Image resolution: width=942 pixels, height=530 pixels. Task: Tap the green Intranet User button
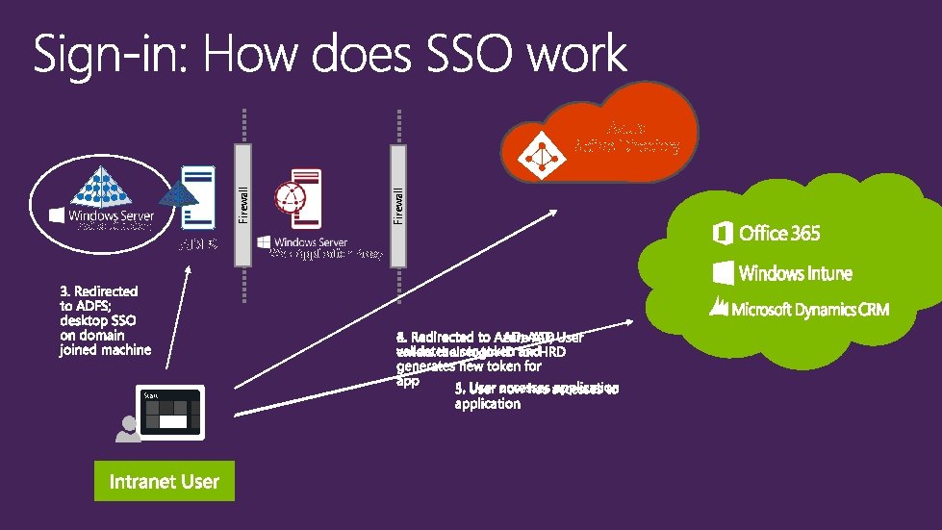pos(164,481)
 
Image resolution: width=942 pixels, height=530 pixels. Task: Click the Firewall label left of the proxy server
pos(243,204)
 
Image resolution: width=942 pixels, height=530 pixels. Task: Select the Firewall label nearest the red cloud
pos(397,204)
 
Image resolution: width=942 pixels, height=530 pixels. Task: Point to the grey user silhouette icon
pos(126,428)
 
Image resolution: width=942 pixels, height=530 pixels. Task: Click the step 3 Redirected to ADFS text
pos(104,320)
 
